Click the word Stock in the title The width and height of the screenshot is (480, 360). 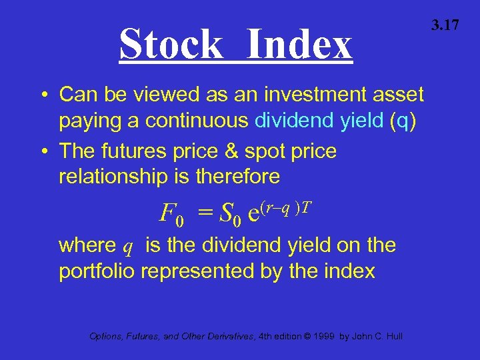[x=171, y=45]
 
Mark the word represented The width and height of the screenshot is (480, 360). [x=199, y=272]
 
